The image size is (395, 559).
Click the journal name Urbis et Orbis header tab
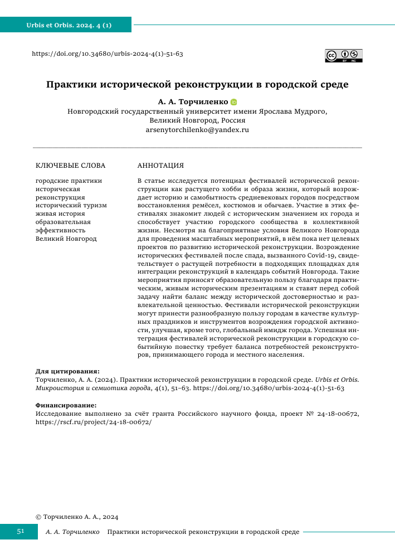coord(69,25)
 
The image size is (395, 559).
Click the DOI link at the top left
coord(108,54)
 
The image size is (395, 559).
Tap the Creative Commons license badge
coord(344,55)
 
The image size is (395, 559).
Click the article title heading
coord(197,85)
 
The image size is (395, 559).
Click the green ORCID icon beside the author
coord(234,102)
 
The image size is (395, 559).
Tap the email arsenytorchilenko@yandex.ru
coord(197,129)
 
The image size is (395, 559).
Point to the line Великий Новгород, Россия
coord(197,120)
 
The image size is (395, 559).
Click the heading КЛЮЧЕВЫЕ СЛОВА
coord(70,166)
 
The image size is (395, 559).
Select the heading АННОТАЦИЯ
coord(160,166)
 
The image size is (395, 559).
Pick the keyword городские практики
coord(69,181)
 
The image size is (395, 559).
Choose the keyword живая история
coord(60,213)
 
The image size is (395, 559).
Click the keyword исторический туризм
coord(71,205)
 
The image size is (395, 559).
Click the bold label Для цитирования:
coord(67,371)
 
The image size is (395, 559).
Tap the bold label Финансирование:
coord(66,405)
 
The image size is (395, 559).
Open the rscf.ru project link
coord(93,422)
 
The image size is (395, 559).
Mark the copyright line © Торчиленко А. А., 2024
coord(77,517)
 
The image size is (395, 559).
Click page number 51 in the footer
coord(20,532)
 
